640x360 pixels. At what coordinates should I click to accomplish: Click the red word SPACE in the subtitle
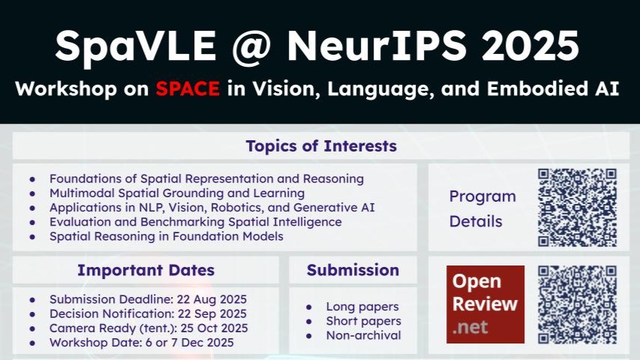pos(188,88)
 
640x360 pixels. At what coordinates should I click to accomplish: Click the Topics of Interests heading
pos(321,145)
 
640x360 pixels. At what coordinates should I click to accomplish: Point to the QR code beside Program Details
pos(577,207)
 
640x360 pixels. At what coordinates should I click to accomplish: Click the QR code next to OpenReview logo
pos(577,304)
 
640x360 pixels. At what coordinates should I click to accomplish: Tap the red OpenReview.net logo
pos(485,304)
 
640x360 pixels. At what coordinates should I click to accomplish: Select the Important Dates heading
pos(146,270)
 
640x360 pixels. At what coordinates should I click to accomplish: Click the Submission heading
pos(353,270)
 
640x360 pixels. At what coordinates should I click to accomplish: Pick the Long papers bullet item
pos(362,307)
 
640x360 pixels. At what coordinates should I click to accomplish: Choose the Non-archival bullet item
pos(364,335)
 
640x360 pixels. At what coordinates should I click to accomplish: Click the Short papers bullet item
pos(364,321)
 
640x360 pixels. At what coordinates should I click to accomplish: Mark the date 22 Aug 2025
pos(212,299)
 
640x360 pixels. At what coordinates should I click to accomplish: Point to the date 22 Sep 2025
pos(212,313)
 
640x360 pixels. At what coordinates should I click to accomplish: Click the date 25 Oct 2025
pos(215,328)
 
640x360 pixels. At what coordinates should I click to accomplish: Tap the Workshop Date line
pos(142,343)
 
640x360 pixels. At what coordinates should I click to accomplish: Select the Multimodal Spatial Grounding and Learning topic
pos(177,193)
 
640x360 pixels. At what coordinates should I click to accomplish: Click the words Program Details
pos(483,209)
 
